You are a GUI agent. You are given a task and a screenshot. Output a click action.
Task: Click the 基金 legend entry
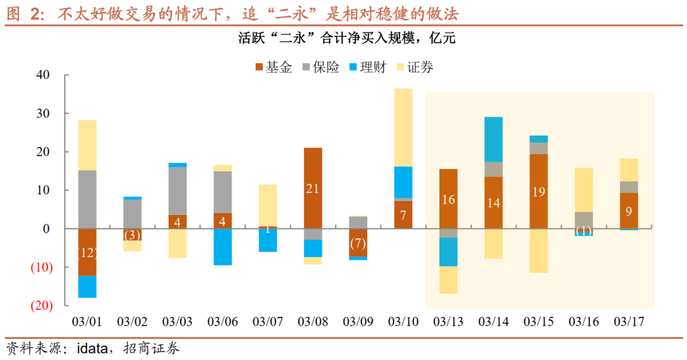point(273,67)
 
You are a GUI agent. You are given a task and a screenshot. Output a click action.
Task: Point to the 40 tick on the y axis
point(43,75)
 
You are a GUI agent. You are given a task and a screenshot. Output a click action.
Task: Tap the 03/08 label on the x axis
point(312,322)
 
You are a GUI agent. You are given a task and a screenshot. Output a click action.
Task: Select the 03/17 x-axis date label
point(629,322)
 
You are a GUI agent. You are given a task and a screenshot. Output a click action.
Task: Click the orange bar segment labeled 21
point(313,188)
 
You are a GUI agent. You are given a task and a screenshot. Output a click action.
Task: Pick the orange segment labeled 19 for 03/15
point(539,191)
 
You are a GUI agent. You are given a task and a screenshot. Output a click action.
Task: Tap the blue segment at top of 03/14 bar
point(494,139)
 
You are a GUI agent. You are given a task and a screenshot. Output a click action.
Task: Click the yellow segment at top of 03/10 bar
point(403,127)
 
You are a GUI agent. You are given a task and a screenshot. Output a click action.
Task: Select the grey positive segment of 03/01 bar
point(87,199)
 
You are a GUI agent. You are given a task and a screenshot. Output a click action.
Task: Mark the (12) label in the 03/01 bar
point(87,253)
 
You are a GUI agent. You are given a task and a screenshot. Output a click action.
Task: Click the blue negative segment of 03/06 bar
point(223,247)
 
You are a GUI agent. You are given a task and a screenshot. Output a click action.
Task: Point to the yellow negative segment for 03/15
point(539,251)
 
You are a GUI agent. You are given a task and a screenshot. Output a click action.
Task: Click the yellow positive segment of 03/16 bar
point(584,190)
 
